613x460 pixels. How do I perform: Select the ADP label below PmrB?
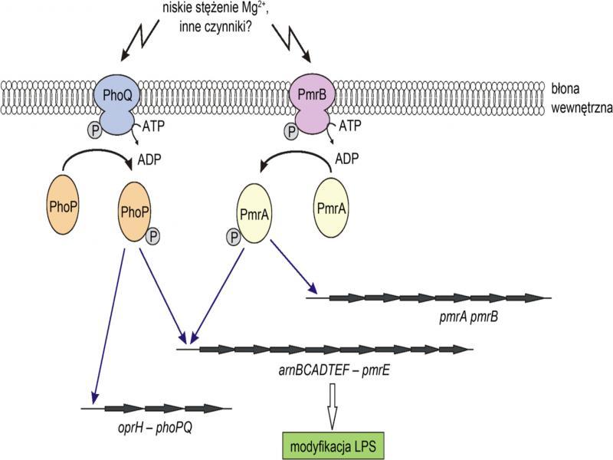349,160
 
